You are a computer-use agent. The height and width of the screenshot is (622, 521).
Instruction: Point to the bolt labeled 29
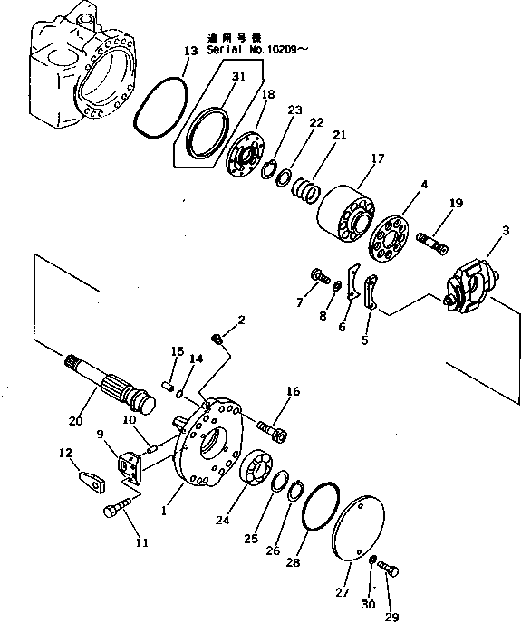390,568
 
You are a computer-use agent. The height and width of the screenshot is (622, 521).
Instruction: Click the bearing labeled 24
259,473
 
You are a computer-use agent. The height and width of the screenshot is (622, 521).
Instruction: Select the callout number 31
237,77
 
